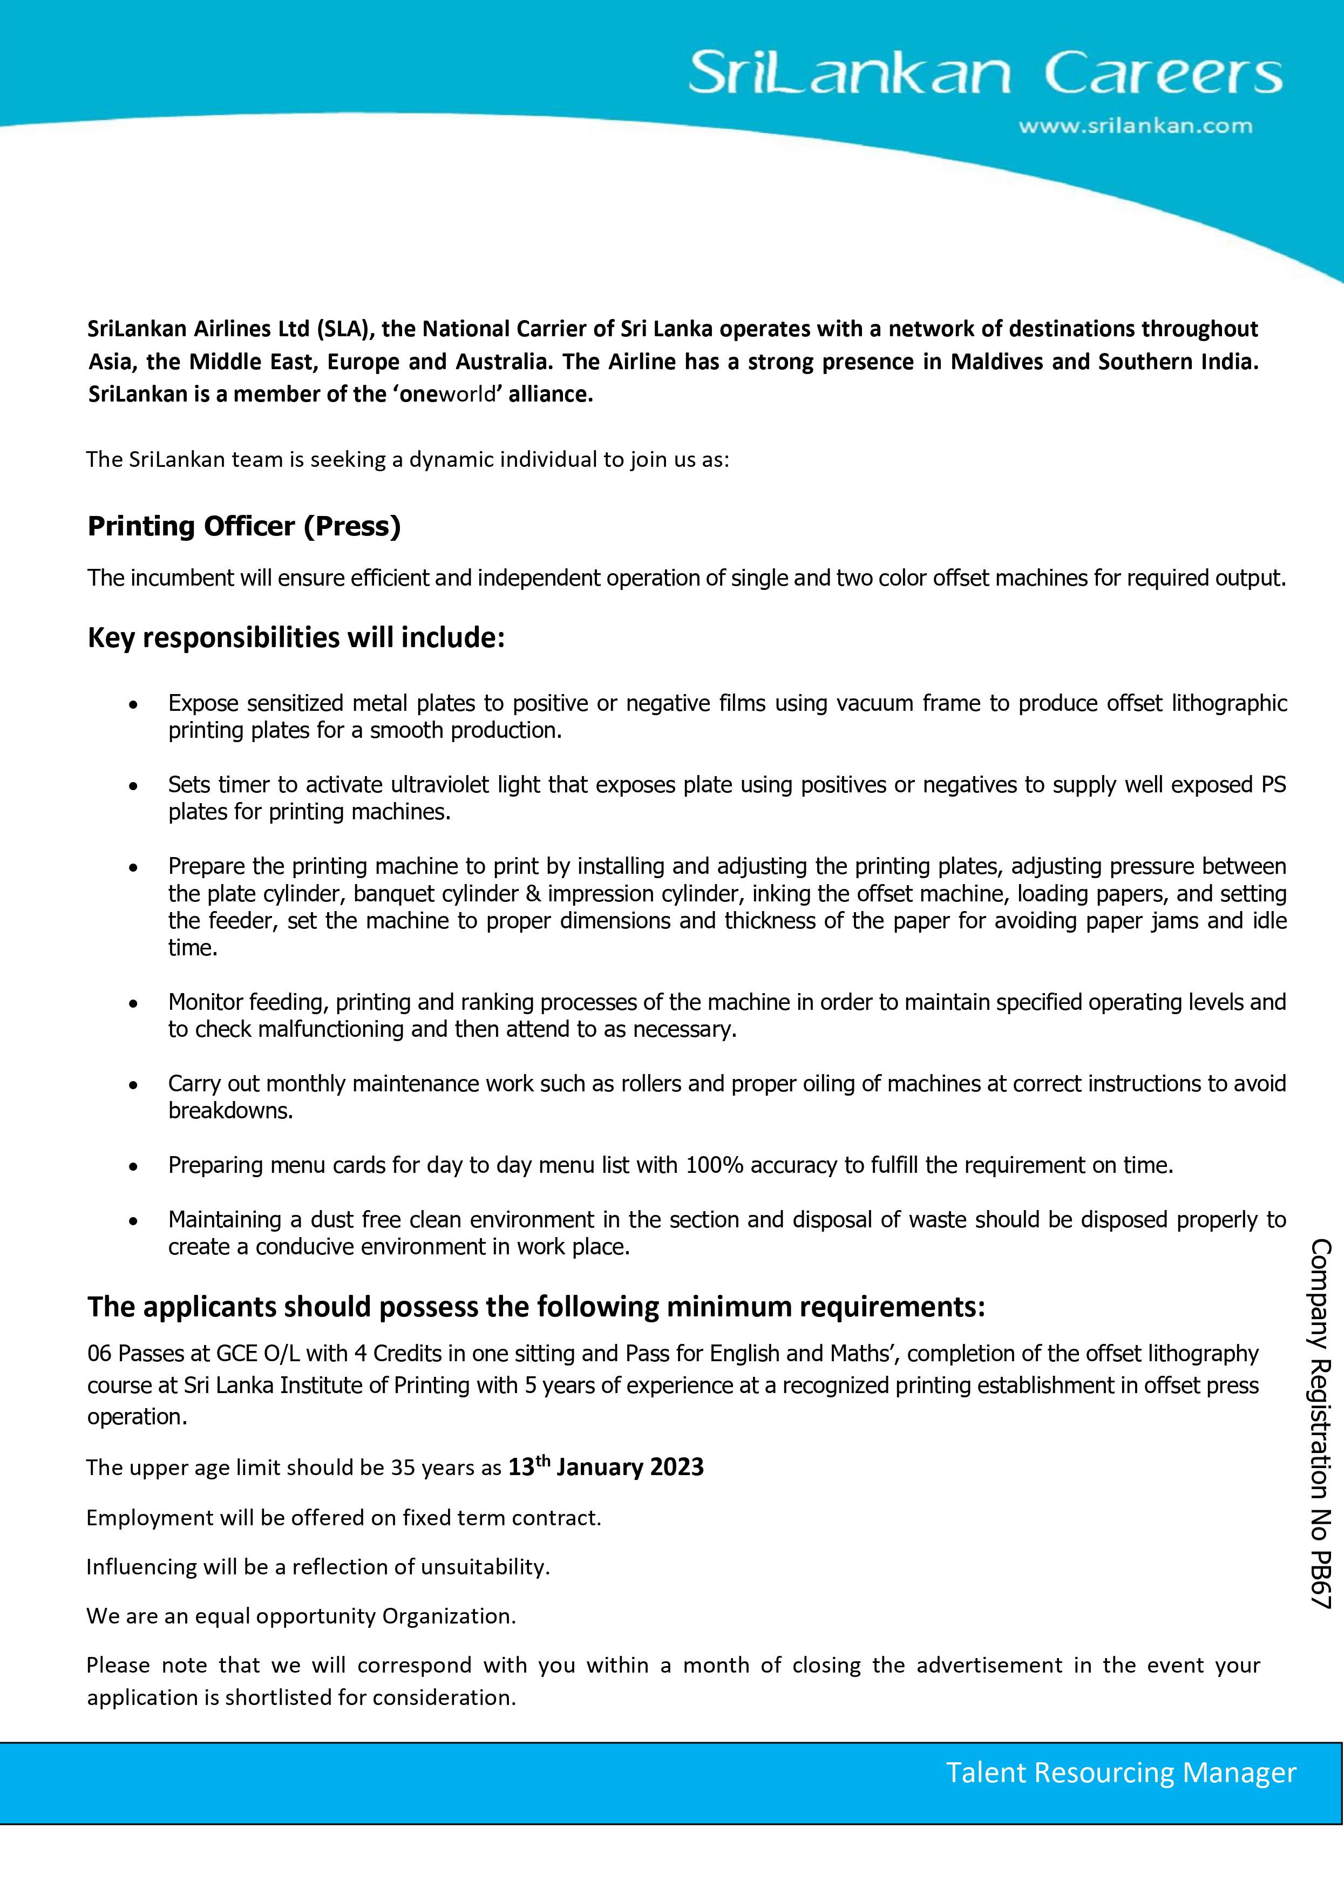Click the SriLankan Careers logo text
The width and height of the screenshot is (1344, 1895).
click(x=985, y=74)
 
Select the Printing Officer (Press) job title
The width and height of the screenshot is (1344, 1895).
click(x=244, y=526)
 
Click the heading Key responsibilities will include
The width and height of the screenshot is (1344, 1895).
click(x=295, y=637)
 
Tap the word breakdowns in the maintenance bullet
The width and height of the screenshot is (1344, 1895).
click(x=230, y=1111)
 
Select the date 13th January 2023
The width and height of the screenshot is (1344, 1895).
click(x=605, y=1467)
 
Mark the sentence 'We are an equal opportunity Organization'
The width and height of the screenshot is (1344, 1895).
click(x=301, y=1616)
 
